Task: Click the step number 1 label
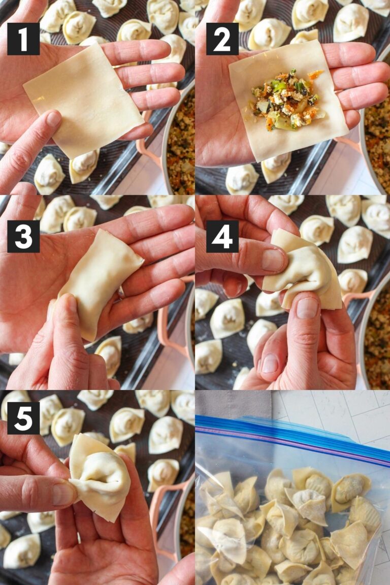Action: tap(23, 39)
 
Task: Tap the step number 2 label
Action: tap(222, 39)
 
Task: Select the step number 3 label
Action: tap(23, 236)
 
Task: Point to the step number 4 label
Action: tap(222, 236)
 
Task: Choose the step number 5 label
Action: tap(23, 418)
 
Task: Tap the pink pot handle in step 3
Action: tap(168, 325)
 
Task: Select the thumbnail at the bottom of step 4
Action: tap(270, 364)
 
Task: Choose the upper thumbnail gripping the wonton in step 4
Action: tap(273, 259)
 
